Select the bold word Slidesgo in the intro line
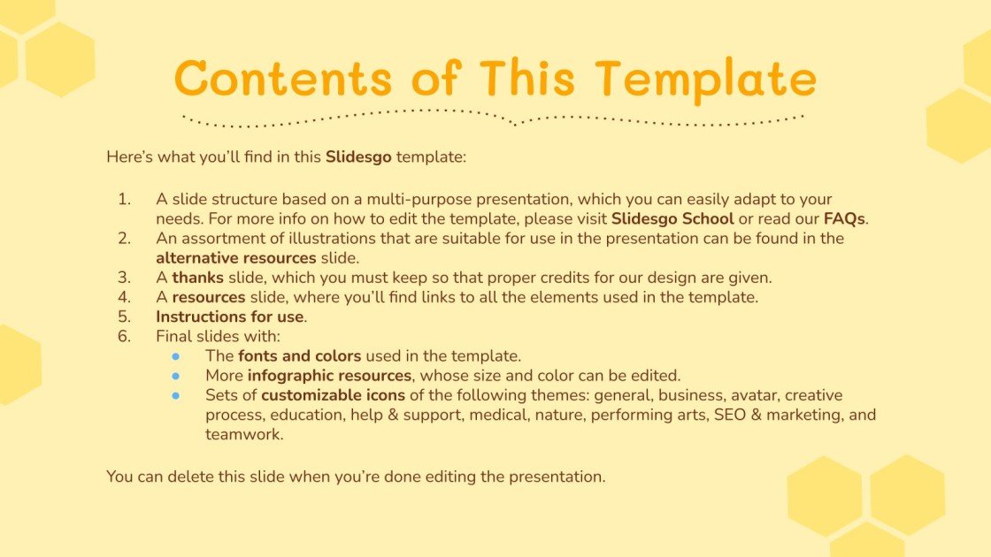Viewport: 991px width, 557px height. click(358, 157)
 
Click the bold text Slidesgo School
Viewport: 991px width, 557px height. click(672, 218)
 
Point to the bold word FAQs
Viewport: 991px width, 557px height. click(844, 218)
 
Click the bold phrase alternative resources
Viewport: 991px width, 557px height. click(235, 258)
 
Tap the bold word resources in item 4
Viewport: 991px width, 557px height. click(208, 297)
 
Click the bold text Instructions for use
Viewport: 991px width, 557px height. click(230, 317)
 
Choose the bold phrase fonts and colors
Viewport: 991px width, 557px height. click(299, 355)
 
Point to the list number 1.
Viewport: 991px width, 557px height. click(124, 200)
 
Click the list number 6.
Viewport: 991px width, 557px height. click(124, 336)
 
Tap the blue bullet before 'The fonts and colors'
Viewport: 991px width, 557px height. click(176, 356)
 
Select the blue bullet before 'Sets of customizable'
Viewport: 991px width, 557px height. click(176, 395)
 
